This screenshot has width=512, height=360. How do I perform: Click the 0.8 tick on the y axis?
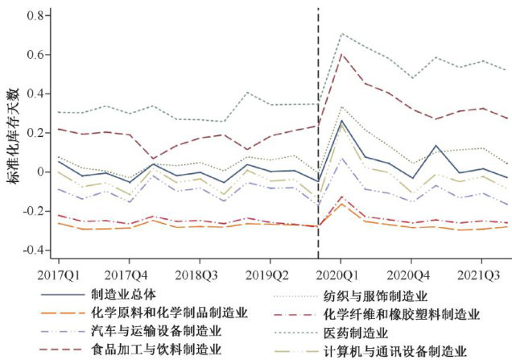[33, 15]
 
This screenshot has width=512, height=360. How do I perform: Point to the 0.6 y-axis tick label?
[33, 55]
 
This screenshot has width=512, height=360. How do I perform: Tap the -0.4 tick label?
[30, 250]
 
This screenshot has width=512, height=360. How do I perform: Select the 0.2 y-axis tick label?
[33, 133]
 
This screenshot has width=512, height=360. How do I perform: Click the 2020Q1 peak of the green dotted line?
[342, 34]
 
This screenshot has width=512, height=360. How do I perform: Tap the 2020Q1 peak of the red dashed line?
[342, 54]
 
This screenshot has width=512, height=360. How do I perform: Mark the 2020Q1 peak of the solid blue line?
[342, 121]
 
